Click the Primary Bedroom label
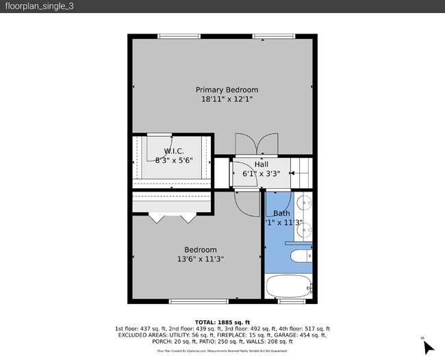click(227, 90)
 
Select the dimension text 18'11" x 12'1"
click(227, 99)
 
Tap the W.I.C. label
click(173, 151)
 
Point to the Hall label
click(262, 164)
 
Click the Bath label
click(281, 214)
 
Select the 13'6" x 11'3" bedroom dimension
click(200, 259)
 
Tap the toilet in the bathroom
click(301, 257)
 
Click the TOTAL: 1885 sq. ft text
click(222, 322)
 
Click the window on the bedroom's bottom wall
click(198, 301)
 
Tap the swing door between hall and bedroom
click(244, 201)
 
